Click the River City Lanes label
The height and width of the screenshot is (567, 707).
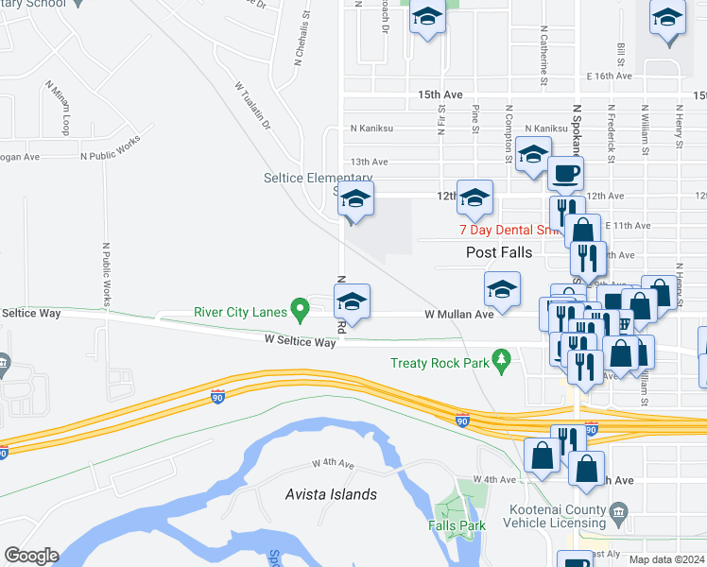240,311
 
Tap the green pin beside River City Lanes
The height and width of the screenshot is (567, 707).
301,308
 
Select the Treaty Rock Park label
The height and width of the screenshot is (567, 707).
440,363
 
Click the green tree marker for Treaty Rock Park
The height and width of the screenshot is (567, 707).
502,360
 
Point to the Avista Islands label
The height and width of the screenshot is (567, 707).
331,494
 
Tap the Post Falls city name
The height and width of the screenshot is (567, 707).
500,252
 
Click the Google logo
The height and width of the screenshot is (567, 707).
31,556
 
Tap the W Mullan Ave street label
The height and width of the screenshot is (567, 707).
458,314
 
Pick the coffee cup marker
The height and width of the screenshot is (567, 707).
566,173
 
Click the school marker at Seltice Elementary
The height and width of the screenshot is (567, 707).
355,199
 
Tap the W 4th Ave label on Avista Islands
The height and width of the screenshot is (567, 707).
333,465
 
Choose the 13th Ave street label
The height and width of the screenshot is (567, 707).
371,162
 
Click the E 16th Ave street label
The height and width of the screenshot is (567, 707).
608,76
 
